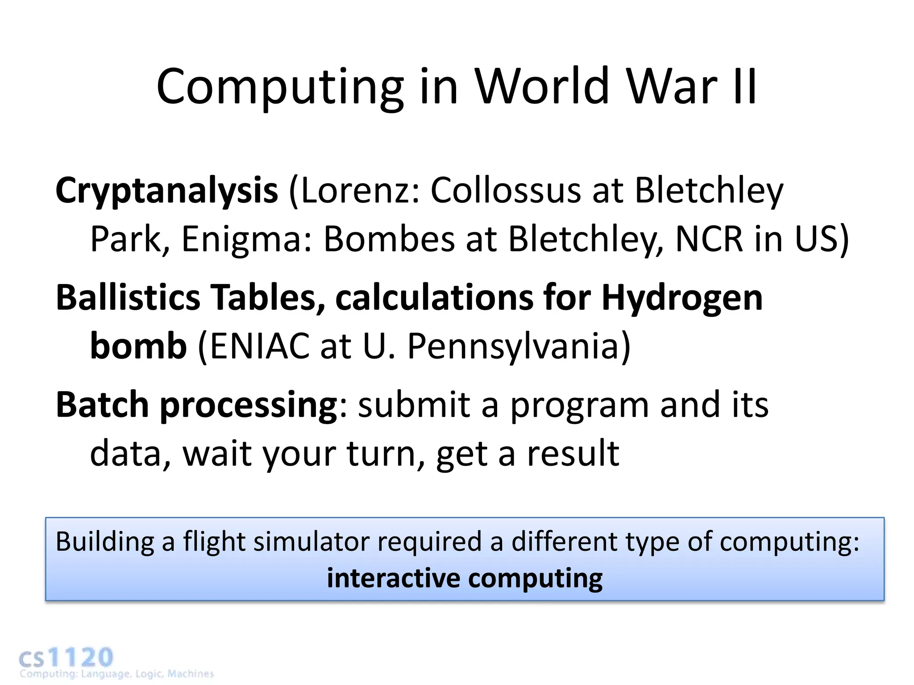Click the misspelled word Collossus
point(505,191)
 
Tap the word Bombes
point(388,239)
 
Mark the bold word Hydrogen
point(682,297)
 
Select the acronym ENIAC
point(259,346)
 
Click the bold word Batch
point(102,404)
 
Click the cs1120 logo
point(66,658)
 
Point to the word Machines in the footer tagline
point(191,674)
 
